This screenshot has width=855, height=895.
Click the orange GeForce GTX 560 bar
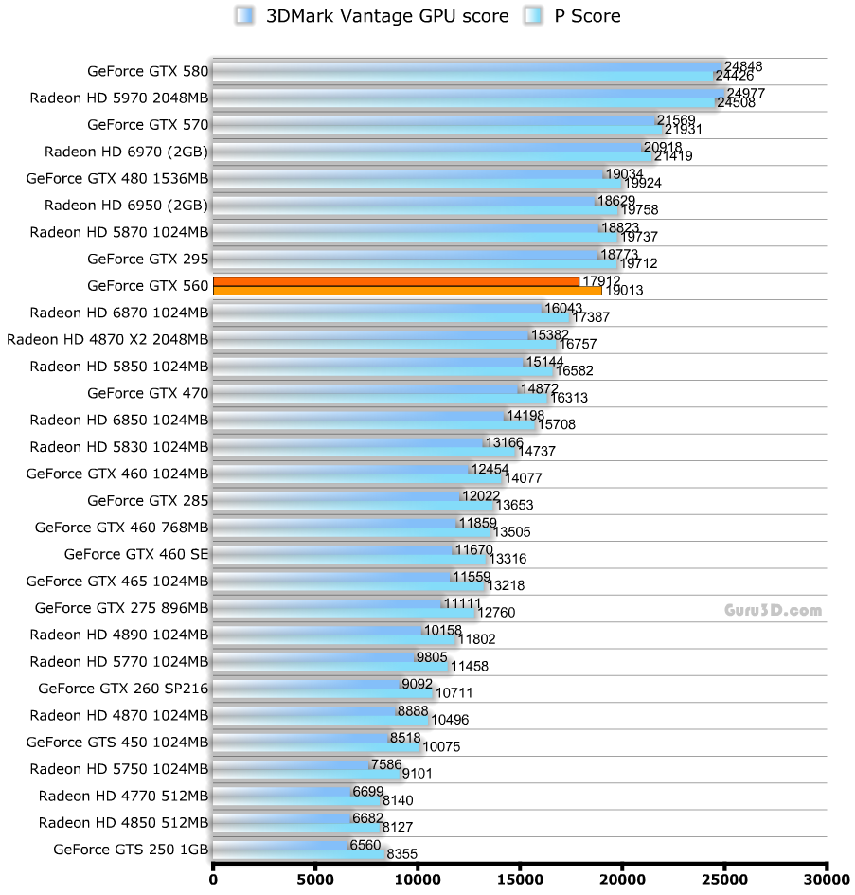398,286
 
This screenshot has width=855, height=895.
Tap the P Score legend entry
574,15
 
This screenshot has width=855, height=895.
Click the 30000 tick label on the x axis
827,880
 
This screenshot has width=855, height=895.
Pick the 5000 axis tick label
314,880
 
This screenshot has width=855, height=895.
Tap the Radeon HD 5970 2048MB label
118,97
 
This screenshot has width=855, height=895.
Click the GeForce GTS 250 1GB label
131,849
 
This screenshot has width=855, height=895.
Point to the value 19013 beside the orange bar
623,291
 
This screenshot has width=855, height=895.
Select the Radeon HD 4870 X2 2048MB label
107,338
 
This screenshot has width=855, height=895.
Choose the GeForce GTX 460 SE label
135,554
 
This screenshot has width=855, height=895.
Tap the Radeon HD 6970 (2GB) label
126,151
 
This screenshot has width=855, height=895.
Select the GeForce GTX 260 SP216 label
123,688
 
